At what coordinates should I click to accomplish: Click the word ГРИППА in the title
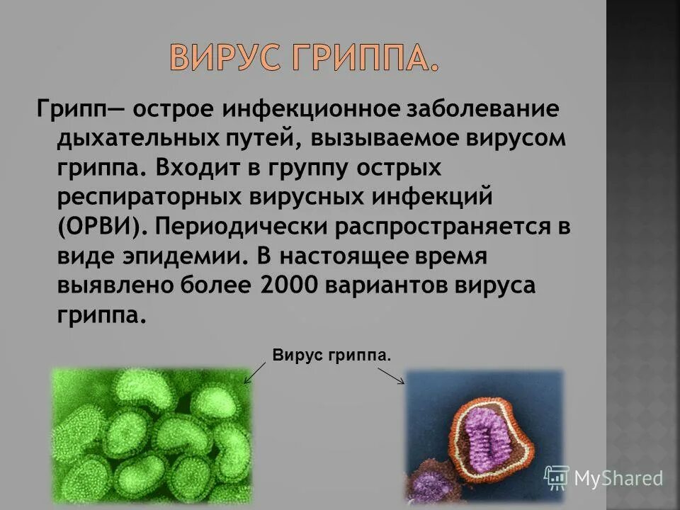pos(361,59)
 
